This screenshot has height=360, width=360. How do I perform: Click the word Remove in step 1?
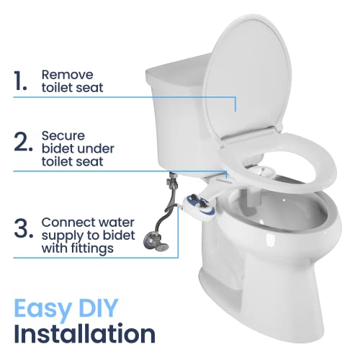click(65, 74)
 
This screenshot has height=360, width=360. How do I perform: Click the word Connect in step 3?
click(66, 222)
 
